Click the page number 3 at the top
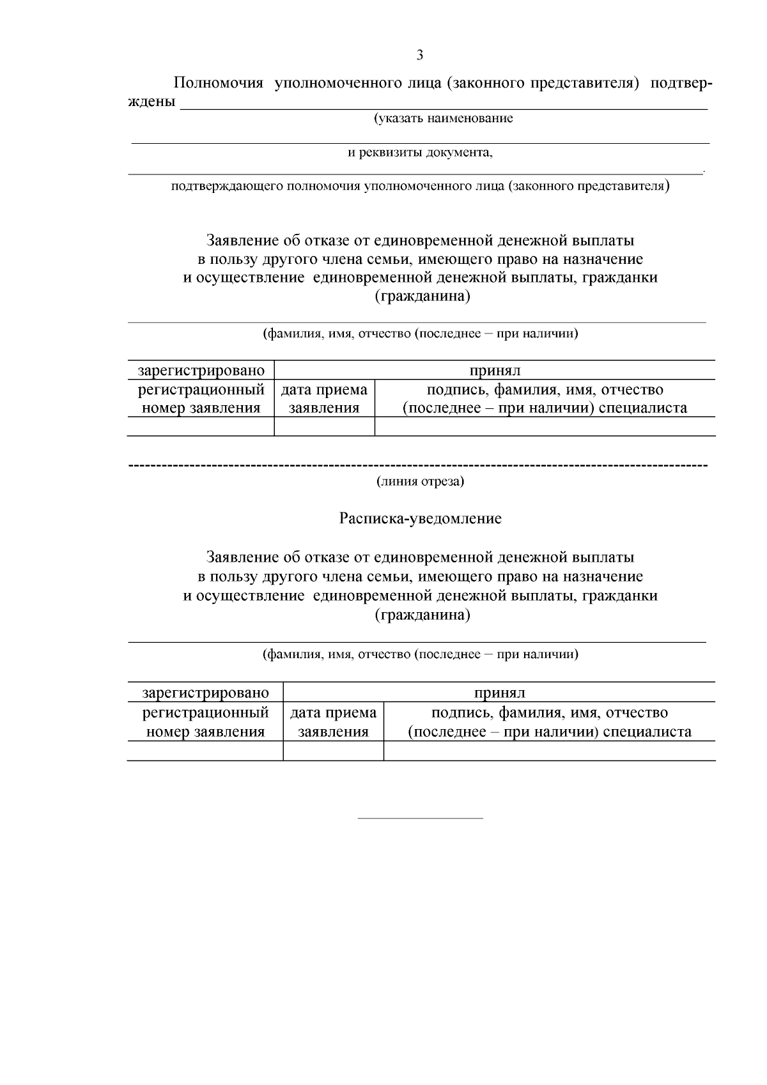pyautogui.click(x=419, y=55)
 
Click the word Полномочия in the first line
pyautogui.click(x=219, y=84)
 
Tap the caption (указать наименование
pyautogui.click(x=443, y=119)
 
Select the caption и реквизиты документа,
pyautogui.click(x=420, y=153)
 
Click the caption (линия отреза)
pyautogui.click(x=420, y=481)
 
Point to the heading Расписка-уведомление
pyautogui.click(x=420, y=518)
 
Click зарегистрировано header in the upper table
pyautogui.click(x=201, y=371)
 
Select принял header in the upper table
pyautogui.click(x=495, y=371)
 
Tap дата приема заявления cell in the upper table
pyautogui.click(x=324, y=399)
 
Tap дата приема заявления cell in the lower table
pyautogui.click(x=333, y=722)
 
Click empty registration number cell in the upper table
pyautogui.click(x=201, y=427)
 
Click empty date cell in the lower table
pyautogui.click(x=333, y=751)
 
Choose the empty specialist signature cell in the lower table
pyautogui.click(x=549, y=751)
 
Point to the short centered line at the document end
pyautogui.click(x=420, y=818)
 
